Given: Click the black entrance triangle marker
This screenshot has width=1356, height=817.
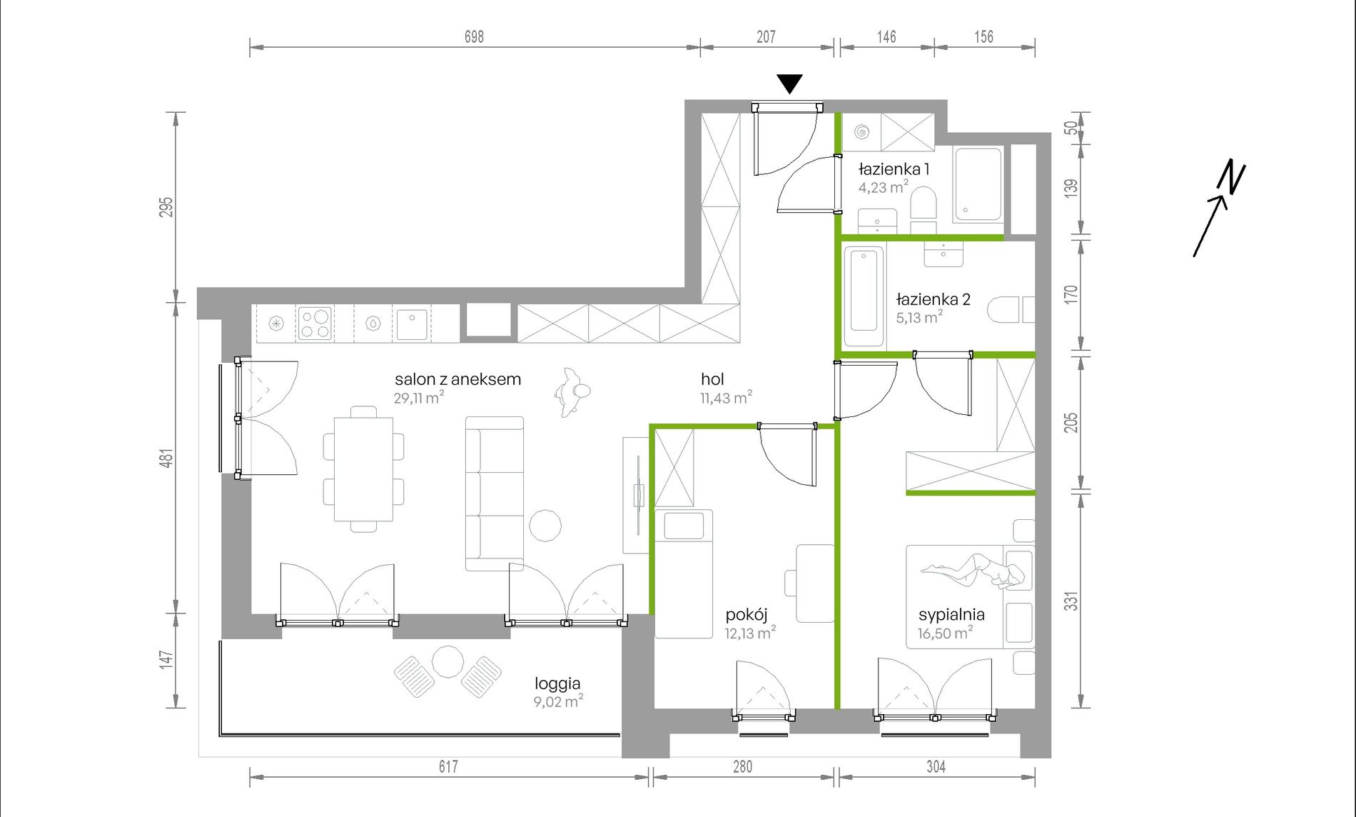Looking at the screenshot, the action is [789, 83].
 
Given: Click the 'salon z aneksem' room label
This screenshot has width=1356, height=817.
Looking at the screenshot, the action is [457, 379].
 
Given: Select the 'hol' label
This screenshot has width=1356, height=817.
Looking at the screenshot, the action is [712, 380].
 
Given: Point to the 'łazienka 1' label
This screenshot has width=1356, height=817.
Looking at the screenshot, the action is [894, 169].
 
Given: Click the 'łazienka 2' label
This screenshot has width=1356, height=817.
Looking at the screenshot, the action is [933, 299].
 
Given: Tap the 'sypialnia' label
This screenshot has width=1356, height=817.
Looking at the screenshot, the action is [951, 615].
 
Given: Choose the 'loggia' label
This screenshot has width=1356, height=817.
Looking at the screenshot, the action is [557, 683].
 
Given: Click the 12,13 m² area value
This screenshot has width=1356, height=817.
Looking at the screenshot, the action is [750, 633].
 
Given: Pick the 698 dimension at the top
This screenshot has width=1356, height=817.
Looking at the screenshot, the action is [474, 36].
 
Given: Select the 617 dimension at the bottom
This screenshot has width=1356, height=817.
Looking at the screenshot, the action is [448, 766].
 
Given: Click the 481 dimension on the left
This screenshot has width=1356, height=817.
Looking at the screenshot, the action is [166, 458].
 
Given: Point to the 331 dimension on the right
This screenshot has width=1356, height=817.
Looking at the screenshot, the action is [1071, 601].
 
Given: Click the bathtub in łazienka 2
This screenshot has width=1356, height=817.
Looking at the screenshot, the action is [864, 296].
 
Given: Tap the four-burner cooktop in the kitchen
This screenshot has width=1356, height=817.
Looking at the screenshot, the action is [315, 322].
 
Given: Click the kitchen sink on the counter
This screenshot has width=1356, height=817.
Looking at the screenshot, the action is [412, 324].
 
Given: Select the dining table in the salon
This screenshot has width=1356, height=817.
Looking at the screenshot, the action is [363, 468].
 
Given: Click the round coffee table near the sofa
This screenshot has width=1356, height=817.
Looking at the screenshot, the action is [545, 526].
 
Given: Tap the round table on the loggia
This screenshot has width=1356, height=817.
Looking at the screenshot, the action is [448, 662].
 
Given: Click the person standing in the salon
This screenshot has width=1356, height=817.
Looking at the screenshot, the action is [572, 392].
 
